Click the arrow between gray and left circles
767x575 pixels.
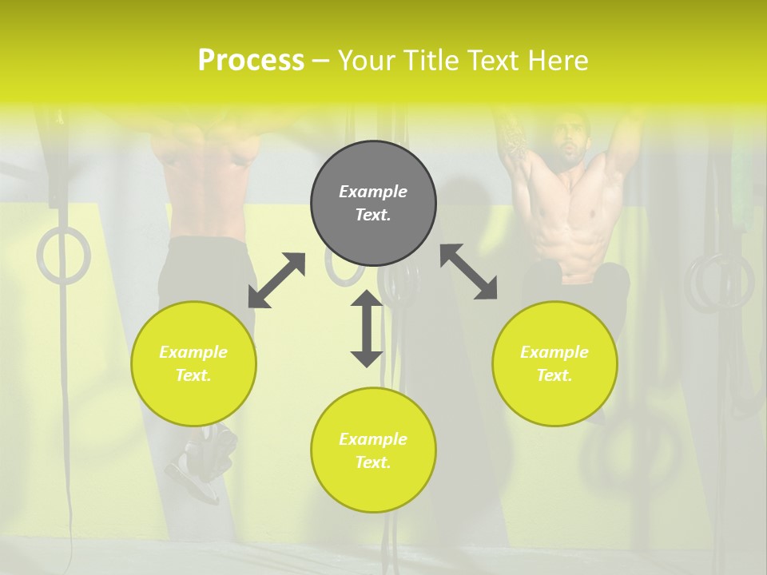click(x=276, y=280)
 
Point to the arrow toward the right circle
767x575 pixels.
click(x=469, y=272)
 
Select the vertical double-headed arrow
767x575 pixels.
click(x=367, y=328)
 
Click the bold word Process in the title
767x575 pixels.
click(x=251, y=60)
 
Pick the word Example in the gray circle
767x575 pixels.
click(x=373, y=192)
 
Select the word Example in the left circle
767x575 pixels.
click(x=193, y=352)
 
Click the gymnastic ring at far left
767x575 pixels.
click(x=63, y=256)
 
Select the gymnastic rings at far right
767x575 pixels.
click(x=720, y=284)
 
